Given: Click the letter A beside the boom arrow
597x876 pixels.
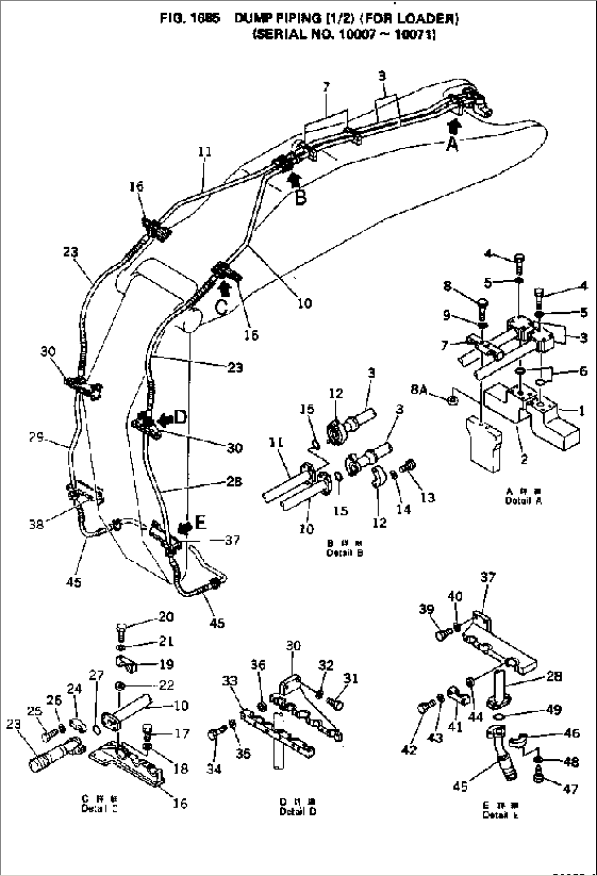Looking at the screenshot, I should tap(452, 145).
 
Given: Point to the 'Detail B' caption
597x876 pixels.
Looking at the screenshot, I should tap(345, 553).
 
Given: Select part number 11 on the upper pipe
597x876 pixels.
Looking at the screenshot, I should tap(205, 152).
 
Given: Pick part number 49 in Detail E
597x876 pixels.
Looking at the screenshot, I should tap(554, 711).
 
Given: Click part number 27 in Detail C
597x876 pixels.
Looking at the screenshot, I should tap(96, 675).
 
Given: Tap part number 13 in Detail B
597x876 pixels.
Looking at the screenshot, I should tap(428, 497).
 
